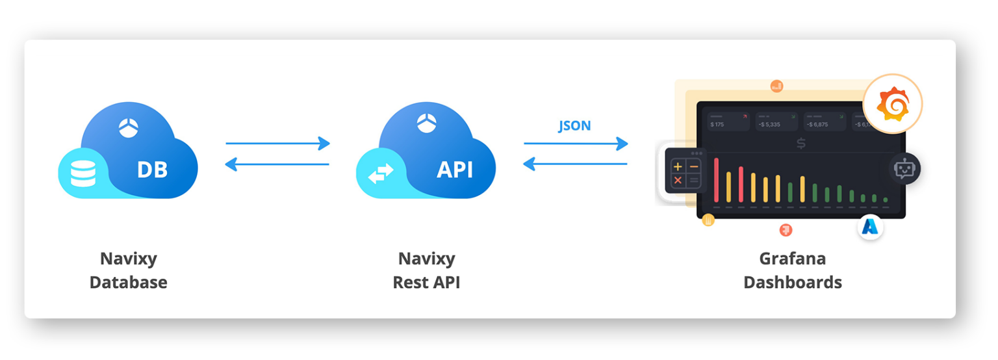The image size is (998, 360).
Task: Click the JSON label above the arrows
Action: (x=574, y=125)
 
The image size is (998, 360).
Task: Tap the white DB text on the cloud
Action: (x=152, y=170)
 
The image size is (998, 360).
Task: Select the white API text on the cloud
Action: (x=454, y=170)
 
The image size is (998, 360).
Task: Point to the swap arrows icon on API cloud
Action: (x=380, y=174)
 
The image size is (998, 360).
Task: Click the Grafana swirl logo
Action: (x=892, y=104)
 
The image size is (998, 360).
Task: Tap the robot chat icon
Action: (x=904, y=169)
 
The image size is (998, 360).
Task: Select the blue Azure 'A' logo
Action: (x=869, y=227)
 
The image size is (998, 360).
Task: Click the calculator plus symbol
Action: (x=678, y=166)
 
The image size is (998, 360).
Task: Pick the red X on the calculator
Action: (x=678, y=180)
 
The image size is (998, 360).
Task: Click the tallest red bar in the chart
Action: (x=716, y=179)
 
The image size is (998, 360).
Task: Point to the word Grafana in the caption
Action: (x=792, y=259)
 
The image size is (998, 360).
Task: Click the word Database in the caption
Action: (x=128, y=283)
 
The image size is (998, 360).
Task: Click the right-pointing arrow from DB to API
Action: (x=277, y=144)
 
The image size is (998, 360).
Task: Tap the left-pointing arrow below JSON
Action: (x=575, y=164)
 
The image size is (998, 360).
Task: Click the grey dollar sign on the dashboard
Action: (x=800, y=144)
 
